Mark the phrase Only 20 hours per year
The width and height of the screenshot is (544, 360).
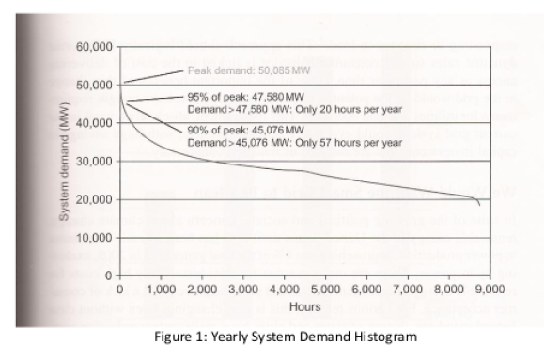pyautogui.click(x=352, y=109)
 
